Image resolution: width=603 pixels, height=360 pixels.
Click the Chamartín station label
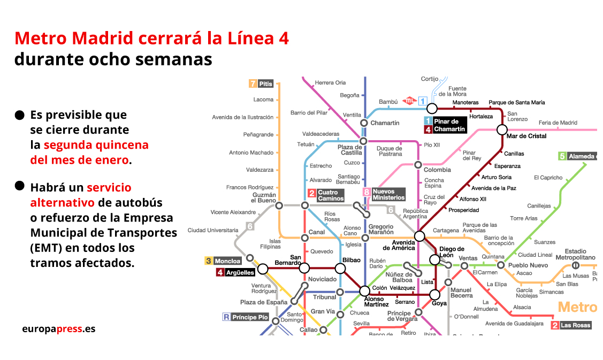click(385, 123)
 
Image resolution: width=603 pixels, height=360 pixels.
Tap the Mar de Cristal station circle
click(502, 129)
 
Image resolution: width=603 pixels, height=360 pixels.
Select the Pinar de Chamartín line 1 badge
click(428, 121)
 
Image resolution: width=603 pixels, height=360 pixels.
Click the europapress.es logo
click(59, 328)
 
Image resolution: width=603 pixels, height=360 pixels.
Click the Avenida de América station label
click(399, 244)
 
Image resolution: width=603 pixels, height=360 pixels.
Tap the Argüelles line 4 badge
click(220, 273)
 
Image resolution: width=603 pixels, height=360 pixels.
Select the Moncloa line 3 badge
click(209, 261)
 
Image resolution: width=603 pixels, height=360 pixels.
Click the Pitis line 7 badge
click(253, 83)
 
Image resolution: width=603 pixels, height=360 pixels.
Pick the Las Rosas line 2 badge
click(555, 325)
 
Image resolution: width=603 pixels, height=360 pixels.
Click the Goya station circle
click(435, 294)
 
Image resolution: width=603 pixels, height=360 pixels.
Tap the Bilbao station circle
click(340, 269)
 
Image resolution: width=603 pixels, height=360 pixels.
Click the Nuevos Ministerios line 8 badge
click(367, 192)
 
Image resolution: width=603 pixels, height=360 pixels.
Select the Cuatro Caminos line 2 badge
click(311, 193)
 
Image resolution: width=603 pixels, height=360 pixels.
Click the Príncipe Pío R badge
click(226, 317)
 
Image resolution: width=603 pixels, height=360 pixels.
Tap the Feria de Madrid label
click(558, 123)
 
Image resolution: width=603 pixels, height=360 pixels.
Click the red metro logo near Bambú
click(409, 100)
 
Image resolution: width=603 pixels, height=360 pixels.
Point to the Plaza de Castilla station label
click(350, 150)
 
